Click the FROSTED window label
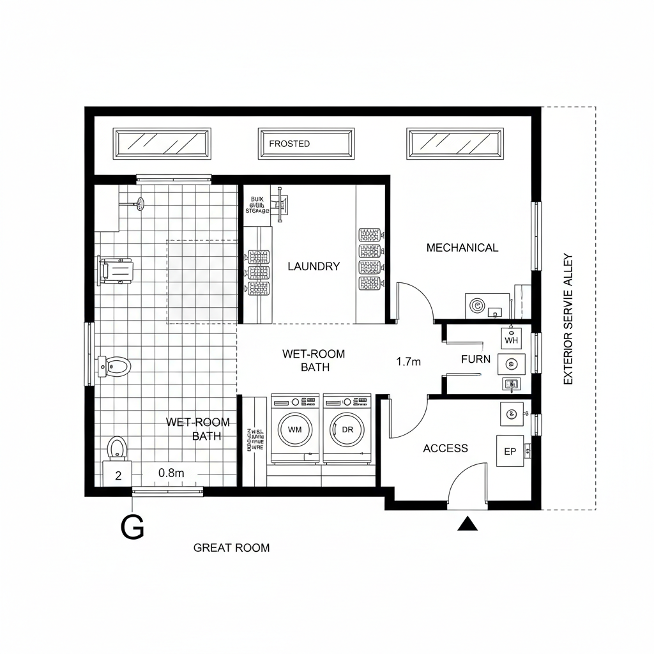[x=289, y=144]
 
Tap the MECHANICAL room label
[x=462, y=248]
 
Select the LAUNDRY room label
[x=314, y=266]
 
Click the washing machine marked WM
[x=294, y=429]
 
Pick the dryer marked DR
[x=347, y=429]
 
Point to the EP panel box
[x=510, y=452]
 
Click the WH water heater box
[x=511, y=338]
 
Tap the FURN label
[x=476, y=359]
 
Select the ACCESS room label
[x=445, y=448]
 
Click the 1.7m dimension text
[x=409, y=361]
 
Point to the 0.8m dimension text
[x=171, y=473]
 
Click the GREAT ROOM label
[x=231, y=547]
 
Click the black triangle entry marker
[x=468, y=524]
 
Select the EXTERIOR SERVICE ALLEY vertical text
[x=568, y=319]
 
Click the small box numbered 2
[x=118, y=475]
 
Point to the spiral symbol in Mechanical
[x=476, y=305]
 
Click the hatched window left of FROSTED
[x=162, y=144]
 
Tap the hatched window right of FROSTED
[x=455, y=144]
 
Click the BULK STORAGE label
[x=257, y=204]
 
